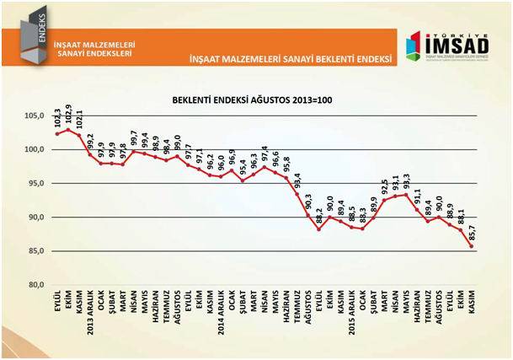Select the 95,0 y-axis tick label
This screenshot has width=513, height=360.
point(33,184)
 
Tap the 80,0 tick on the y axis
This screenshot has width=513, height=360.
point(33,285)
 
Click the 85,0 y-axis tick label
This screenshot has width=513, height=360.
point(33,251)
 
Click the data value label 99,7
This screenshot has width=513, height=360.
point(134,138)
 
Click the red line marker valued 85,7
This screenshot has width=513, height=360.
point(471,246)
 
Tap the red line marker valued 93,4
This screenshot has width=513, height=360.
point(297,194)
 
